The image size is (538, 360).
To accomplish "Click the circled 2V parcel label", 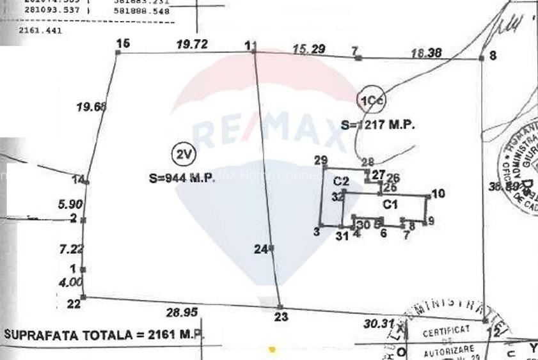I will pos(184,154).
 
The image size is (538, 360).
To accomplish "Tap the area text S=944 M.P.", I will pos(182,179).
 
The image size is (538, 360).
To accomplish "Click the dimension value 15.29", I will pos(308,49).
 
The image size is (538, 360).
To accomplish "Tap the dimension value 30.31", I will pos(377,324).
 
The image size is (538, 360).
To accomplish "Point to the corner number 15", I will pos(123,43).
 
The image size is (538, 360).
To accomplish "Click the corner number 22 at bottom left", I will pos(74,304).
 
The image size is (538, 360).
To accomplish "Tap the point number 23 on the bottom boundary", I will pos(281,316).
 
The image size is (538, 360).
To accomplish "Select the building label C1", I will pos(390,205).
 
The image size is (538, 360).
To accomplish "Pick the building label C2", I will pos(341,181).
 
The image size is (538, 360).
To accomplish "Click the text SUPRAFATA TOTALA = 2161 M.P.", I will pos(102,334).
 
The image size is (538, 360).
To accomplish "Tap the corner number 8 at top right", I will pos(492,56).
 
